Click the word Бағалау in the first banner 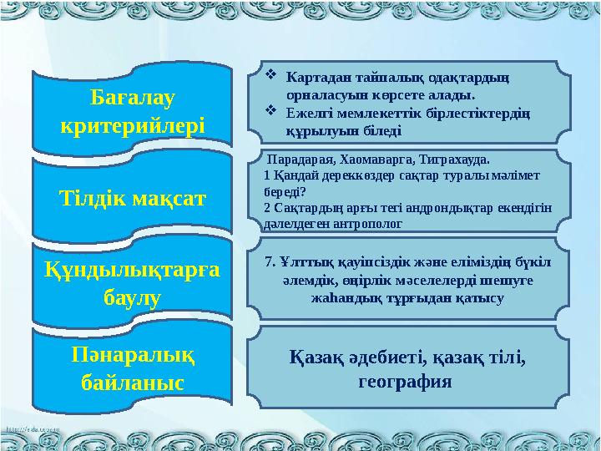tap(132, 98)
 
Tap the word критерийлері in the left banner tap(132, 128)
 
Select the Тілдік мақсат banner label tap(132, 198)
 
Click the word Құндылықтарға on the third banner tap(132, 268)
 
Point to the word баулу tap(132, 297)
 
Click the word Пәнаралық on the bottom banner tap(132, 355)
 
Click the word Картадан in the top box tap(313, 79)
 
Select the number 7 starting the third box tap(266, 261)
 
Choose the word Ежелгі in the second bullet tap(306, 112)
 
